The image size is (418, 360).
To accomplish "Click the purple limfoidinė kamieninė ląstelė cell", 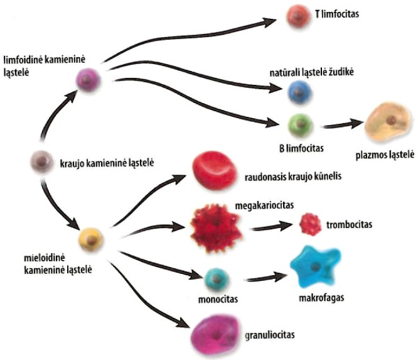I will click(x=85, y=80).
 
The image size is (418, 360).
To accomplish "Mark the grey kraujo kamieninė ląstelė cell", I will click(x=41, y=163).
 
